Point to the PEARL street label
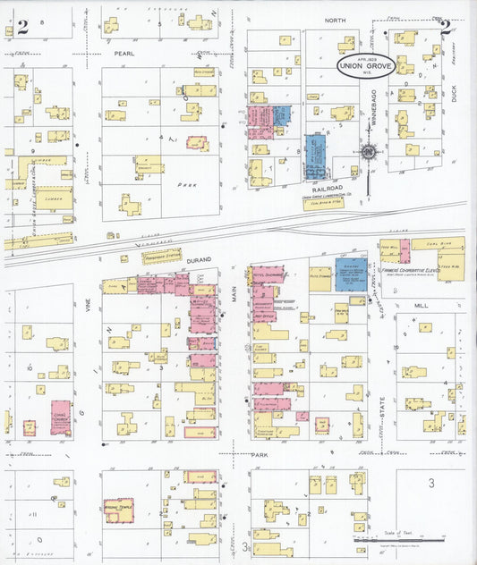click(123, 54)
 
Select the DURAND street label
click(199, 259)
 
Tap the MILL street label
click(422, 305)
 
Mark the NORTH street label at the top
click(335, 19)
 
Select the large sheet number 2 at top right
click(445, 26)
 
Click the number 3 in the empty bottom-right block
click(430, 484)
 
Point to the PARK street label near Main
click(260, 455)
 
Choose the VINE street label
click(89, 307)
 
